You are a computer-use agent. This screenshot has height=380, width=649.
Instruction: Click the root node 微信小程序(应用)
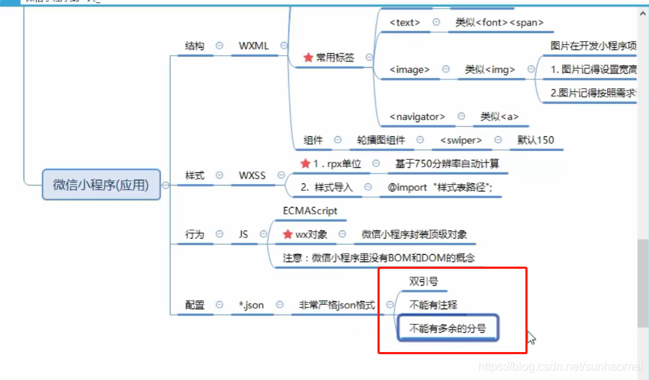[x=102, y=185]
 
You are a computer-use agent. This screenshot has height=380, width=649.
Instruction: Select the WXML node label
[x=254, y=46]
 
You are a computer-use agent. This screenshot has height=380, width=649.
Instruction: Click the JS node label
[x=244, y=234]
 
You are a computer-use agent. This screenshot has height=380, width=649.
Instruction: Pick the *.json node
[x=251, y=305]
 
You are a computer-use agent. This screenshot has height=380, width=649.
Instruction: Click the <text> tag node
[x=405, y=23]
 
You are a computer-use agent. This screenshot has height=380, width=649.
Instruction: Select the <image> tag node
[x=409, y=70]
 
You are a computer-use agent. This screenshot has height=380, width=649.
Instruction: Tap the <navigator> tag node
[x=417, y=116]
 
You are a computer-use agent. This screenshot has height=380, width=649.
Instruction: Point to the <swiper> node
[x=461, y=140]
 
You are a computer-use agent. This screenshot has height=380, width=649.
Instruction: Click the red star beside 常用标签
[x=308, y=57]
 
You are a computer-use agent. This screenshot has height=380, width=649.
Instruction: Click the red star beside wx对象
[x=288, y=234]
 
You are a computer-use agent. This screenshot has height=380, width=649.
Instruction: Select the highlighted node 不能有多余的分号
[x=447, y=328]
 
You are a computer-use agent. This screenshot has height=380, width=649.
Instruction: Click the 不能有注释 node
[x=433, y=305]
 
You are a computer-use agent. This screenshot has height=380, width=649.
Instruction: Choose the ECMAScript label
[x=310, y=211]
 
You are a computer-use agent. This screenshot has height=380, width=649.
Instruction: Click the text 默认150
[x=536, y=140]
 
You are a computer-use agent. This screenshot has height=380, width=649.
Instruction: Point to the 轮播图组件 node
[x=381, y=140]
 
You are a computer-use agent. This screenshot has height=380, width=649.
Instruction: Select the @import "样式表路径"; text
[x=440, y=187]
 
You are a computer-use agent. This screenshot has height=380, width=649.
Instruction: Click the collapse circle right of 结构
[x=219, y=46]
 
